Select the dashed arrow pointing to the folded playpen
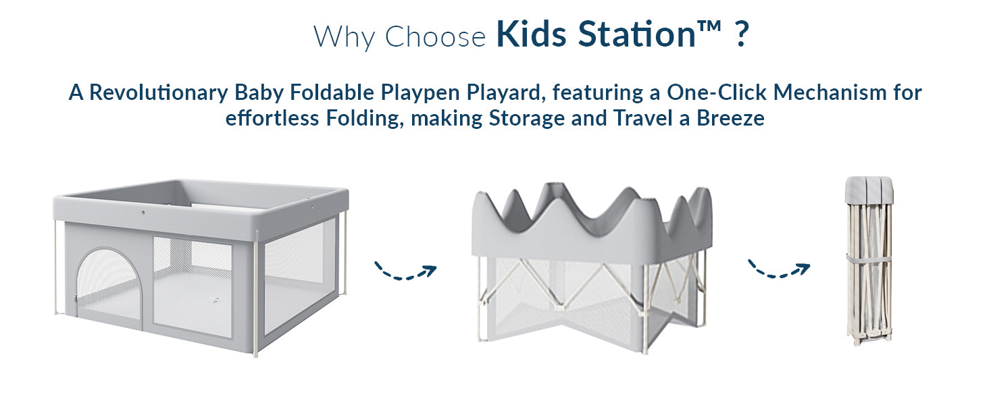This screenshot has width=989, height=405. click(778, 269)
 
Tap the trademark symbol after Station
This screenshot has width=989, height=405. click(711, 27)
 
